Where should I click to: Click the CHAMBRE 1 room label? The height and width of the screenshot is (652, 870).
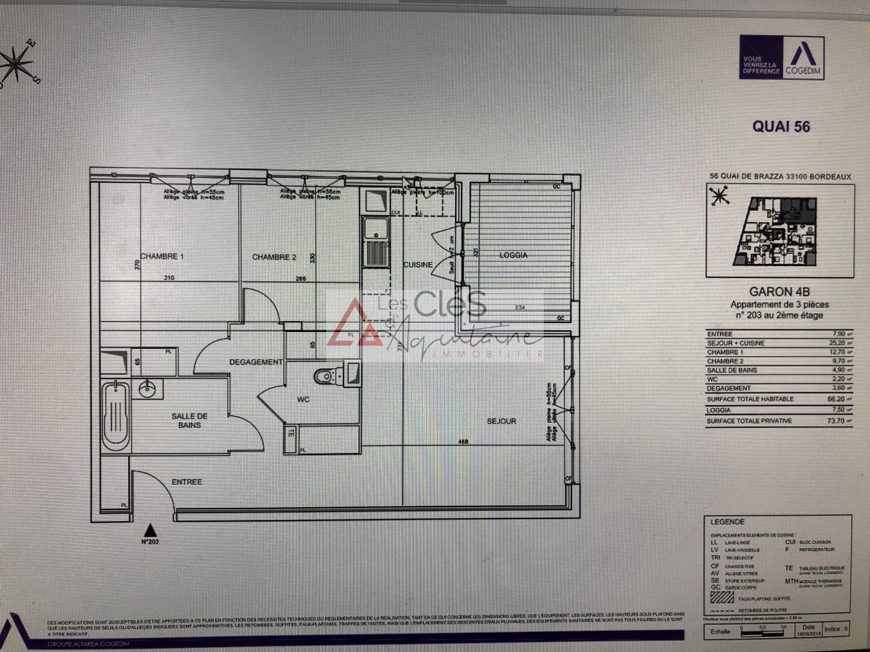pos(162,257)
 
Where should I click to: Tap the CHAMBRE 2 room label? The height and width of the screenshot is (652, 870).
pos(274,257)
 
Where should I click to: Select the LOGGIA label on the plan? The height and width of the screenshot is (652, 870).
pos(514,255)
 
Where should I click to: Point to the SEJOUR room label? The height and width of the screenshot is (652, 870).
pos(501,421)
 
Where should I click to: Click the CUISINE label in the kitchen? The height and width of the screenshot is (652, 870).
pos(417,265)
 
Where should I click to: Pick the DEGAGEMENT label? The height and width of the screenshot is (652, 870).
pos(256,362)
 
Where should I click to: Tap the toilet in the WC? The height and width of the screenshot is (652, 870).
pos(324,376)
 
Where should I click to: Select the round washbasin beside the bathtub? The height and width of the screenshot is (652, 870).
pos(147,389)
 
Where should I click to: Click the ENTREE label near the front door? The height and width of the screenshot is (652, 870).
pos(187,482)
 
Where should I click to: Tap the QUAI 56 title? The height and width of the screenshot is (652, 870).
pos(781,127)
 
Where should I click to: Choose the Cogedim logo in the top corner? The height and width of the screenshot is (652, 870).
pos(782,57)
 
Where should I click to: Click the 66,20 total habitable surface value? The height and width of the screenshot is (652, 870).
pos(836,399)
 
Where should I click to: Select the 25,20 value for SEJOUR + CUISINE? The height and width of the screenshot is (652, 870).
pos(836,343)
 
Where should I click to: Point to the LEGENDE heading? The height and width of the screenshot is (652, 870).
pos(727,522)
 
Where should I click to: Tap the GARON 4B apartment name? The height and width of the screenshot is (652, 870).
pos(779,292)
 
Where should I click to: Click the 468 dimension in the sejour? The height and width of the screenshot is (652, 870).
pos(463,442)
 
